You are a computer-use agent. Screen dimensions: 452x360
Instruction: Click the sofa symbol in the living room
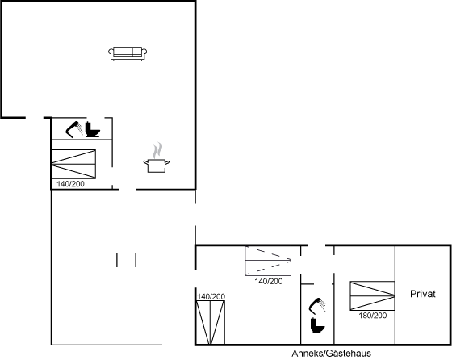[x=128, y=53]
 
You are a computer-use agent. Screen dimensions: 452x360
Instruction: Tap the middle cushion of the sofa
[x=128, y=52]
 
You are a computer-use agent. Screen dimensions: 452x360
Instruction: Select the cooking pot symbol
[x=157, y=165]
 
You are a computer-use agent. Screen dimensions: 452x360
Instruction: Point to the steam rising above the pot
[x=157, y=150]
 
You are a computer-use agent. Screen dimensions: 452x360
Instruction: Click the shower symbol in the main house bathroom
[x=74, y=129]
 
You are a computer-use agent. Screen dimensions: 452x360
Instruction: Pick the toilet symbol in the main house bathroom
[x=93, y=129]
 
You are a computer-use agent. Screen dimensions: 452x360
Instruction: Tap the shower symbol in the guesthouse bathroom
[x=317, y=306]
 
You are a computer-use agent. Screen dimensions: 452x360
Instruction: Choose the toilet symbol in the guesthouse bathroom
[x=318, y=325]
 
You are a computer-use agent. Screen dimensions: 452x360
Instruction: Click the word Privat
[x=423, y=294]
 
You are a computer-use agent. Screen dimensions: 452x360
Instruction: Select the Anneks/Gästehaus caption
[x=331, y=353]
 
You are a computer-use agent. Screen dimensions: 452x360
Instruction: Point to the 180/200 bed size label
[x=372, y=316]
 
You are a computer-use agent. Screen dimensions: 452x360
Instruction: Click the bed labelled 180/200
[x=372, y=295]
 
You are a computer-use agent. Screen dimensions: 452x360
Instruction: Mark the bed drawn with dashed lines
[x=268, y=261]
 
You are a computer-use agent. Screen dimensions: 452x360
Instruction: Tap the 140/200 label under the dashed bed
[x=268, y=281]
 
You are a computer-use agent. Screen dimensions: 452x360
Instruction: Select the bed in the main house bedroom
[x=73, y=165]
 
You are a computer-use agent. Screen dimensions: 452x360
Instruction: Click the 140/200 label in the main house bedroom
[x=71, y=184]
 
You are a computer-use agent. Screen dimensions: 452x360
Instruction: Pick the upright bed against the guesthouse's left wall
[x=211, y=323]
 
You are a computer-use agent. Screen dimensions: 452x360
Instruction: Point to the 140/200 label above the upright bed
[x=211, y=296]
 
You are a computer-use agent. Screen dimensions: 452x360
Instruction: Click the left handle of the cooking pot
[x=146, y=163]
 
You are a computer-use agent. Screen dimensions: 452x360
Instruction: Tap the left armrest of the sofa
[x=111, y=52]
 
